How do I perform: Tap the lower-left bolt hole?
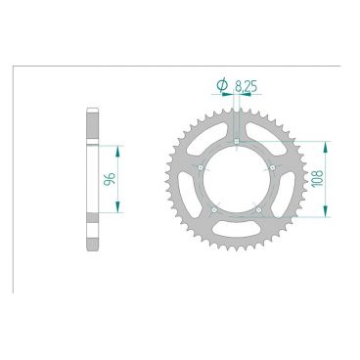pyautogui.click(x=214, y=208)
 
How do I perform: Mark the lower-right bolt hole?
pyautogui.click(x=258, y=208)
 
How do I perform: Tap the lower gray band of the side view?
pyautogui.click(x=93, y=235)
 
